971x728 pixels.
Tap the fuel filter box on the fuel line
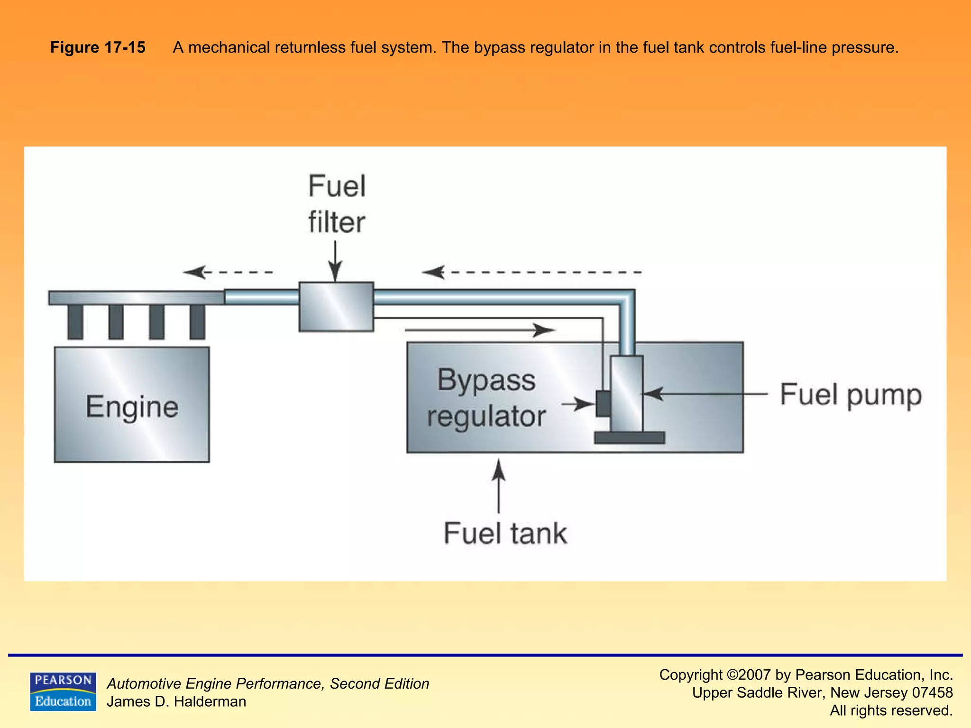point(336,307)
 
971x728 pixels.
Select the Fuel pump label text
point(851,395)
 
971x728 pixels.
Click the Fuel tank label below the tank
point(505,533)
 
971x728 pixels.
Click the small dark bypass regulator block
point(603,403)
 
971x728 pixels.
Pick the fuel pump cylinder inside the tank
point(627,393)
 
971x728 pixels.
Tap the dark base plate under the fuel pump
point(630,437)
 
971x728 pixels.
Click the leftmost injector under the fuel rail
point(75,322)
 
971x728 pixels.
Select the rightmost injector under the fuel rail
point(197,322)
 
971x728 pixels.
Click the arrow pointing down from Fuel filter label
point(335,261)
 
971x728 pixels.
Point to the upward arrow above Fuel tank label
point(498,486)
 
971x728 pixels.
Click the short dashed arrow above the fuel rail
point(228,272)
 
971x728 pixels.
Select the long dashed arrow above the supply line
point(531,272)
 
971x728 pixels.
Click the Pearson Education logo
point(63,692)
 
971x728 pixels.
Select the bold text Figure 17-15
point(98,47)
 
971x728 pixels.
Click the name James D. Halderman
point(176,701)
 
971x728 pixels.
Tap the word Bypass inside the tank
point(486,380)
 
